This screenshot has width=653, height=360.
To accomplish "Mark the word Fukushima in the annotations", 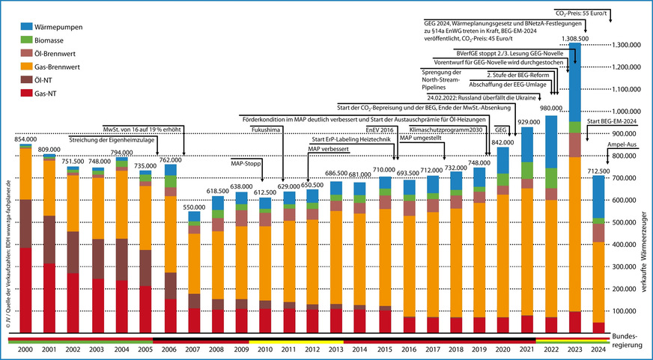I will (x=267, y=129).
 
